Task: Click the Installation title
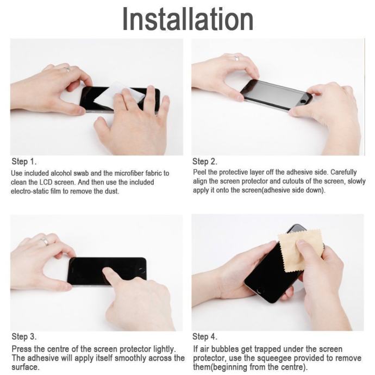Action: click(x=187, y=19)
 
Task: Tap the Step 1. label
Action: click(x=24, y=161)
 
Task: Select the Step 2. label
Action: click(x=205, y=161)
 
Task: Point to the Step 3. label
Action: click(x=24, y=337)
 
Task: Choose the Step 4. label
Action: click(x=205, y=337)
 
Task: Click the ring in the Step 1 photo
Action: click(x=68, y=70)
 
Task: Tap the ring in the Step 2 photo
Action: click(x=236, y=58)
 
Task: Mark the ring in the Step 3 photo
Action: click(x=45, y=241)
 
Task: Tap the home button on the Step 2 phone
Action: click(x=303, y=102)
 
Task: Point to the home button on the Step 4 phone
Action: click(x=259, y=291)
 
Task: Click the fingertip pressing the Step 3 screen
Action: click(x=106, y=271)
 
